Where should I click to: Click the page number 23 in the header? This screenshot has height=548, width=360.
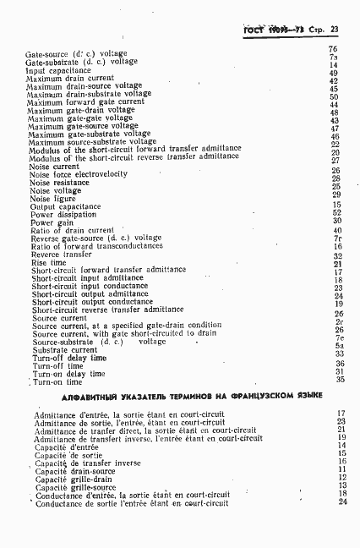tap(335, 29)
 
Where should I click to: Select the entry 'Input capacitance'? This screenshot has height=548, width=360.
tap(59, 71)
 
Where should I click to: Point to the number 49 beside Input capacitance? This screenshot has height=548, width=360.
tap(334, 73)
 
